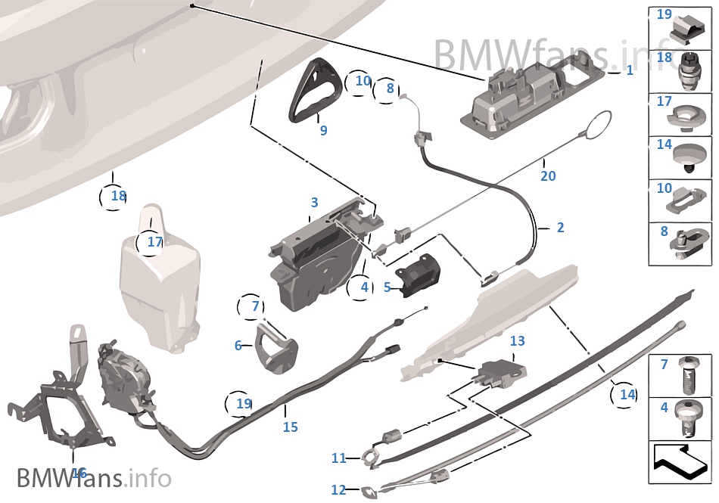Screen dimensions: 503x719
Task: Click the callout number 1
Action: click(629, 70)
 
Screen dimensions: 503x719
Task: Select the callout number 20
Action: click(548, 175)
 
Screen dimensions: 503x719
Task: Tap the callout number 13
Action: click(517, 341)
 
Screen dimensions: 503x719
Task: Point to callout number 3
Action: click(314, 203)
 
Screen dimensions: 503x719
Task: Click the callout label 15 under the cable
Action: click(291, 427)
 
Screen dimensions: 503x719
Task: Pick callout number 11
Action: click(338, 458)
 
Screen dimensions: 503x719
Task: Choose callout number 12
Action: click(338, 490)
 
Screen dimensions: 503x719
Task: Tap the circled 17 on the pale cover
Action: click(154, 243)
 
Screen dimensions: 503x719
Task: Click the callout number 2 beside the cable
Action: click(560, 227)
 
